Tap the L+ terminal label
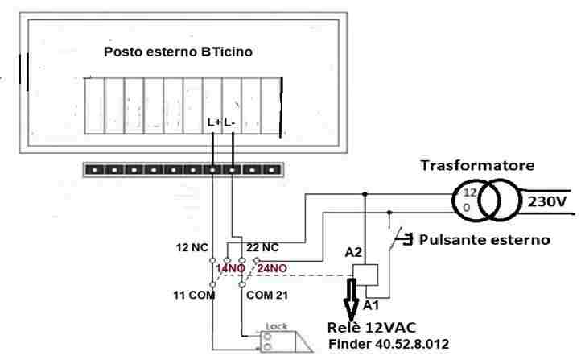click(214, 122)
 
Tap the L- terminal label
click(230, 122)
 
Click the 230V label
click(549, 201)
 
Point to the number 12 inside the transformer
click(470, 194)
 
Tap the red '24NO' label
click(274, 267)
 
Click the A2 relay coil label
click(354, 252)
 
